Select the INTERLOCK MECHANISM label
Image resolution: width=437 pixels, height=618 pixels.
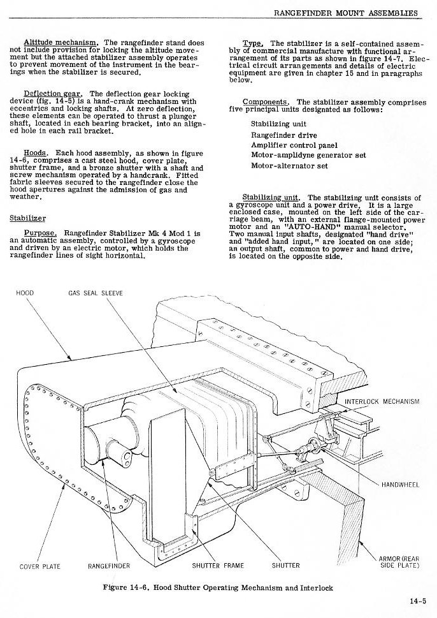(x=382, y=401)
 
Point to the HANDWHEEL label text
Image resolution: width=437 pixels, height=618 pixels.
(x=400, y=485)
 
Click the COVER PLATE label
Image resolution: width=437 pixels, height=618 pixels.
(x=40, y=566)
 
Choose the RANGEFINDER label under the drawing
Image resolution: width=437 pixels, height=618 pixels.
(x=109, y=566)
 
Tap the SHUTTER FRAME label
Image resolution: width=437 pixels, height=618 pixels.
(x=218, y=566)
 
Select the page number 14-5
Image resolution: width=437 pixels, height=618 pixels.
(x=419, y=600)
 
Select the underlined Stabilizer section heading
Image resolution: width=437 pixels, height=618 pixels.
(x=27, y=218)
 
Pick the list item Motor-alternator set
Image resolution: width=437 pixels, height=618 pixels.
(x=290, y=166)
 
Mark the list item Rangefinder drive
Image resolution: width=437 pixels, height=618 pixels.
(x=284, y=135)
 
